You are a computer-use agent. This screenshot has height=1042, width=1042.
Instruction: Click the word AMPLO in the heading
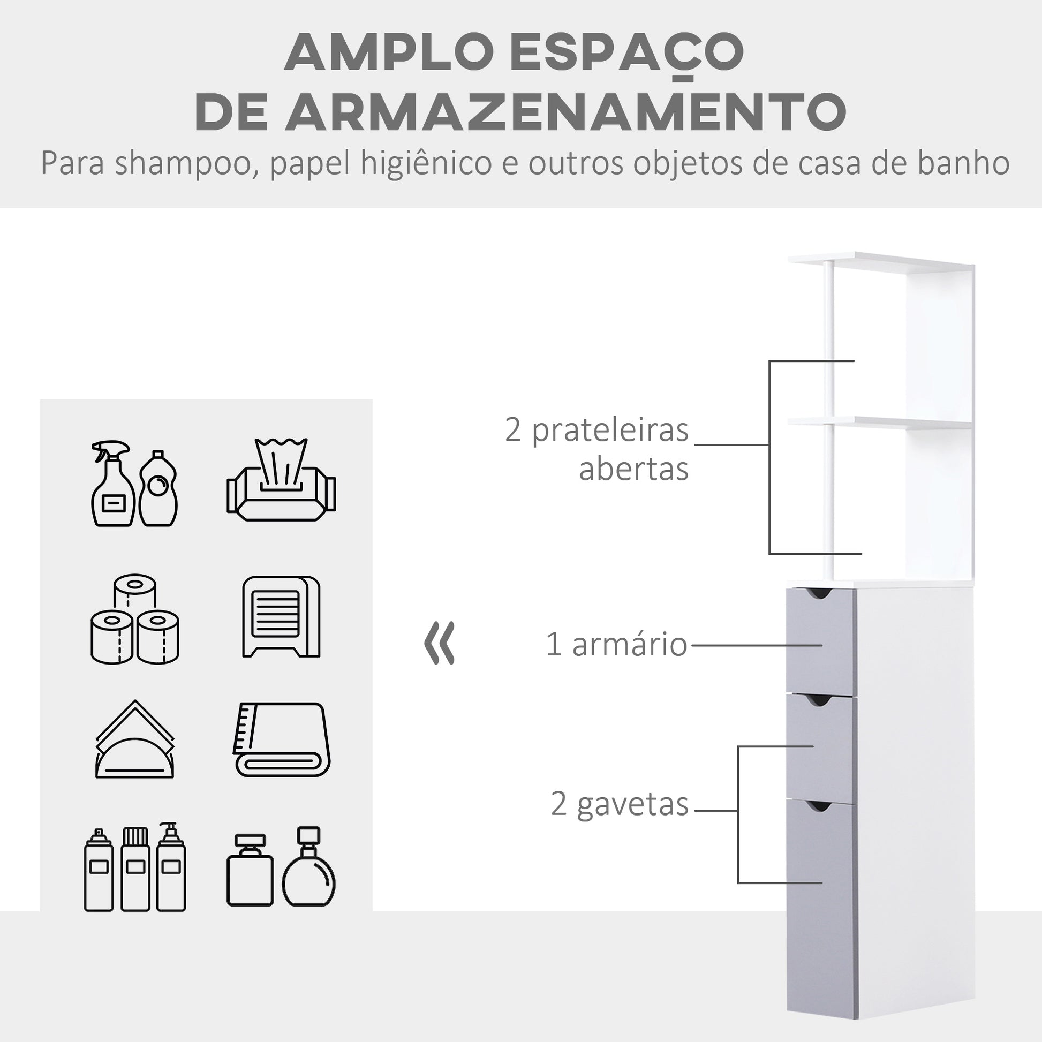click(389, 52)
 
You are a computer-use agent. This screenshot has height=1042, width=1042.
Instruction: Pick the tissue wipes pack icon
click(281, 479)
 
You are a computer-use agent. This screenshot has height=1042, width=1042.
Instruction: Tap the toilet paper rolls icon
click(135, 618)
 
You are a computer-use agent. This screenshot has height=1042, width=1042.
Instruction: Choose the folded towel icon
click(282, 739)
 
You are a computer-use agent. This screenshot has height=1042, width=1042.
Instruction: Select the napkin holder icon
click(135, 739)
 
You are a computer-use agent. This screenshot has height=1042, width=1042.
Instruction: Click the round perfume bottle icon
click(308, 867)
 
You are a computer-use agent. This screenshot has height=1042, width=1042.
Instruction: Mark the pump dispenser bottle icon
click(171, 867)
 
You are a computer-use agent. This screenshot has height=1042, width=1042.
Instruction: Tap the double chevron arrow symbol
click(439, 643)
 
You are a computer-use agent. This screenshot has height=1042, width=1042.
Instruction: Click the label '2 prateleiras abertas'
click(596, 449)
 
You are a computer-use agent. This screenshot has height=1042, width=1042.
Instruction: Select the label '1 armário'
click(616, 644)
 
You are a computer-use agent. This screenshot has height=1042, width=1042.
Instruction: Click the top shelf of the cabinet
click(880, 263)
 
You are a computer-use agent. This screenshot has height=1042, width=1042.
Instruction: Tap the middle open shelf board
click(879, 423)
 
